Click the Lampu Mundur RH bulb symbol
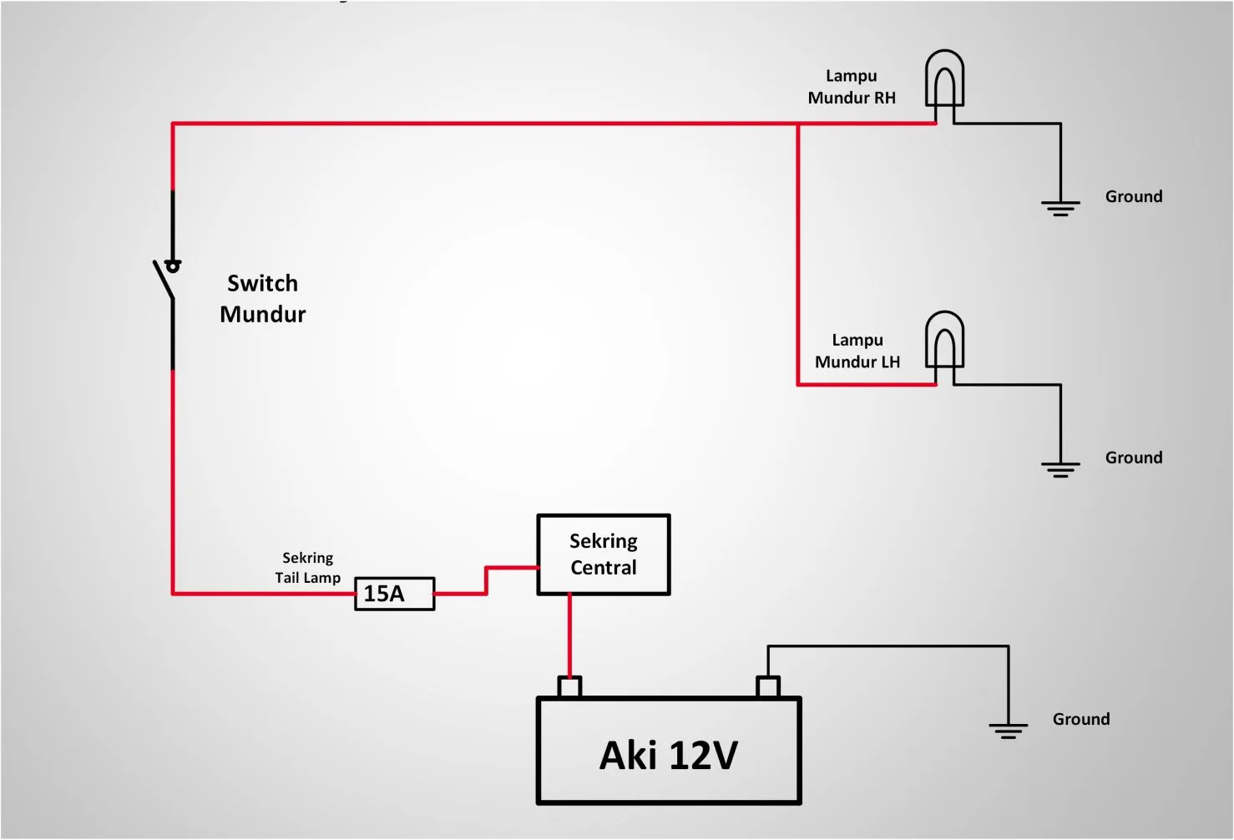coord(944,78)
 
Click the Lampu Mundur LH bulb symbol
coord(944,340)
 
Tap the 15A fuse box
coord(394,594)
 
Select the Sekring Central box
coord(603,554)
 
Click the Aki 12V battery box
coord(668,751)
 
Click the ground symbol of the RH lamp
coord(1060,207)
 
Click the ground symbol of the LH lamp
coord(1060,468)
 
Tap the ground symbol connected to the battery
coord(1008,731)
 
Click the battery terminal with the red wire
coord(569,687)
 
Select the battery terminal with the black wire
coord(768,687)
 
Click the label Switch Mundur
coord(262,299)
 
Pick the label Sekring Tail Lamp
coord(307,568)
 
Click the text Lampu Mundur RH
coord(852,87)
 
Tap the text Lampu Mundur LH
coord(857,351)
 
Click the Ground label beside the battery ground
coord(1080,719)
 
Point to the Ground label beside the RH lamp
coord(1133,196)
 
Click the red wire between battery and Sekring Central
coord(569,635)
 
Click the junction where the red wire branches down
coord(797,124)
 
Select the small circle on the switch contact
coord(173,266)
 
